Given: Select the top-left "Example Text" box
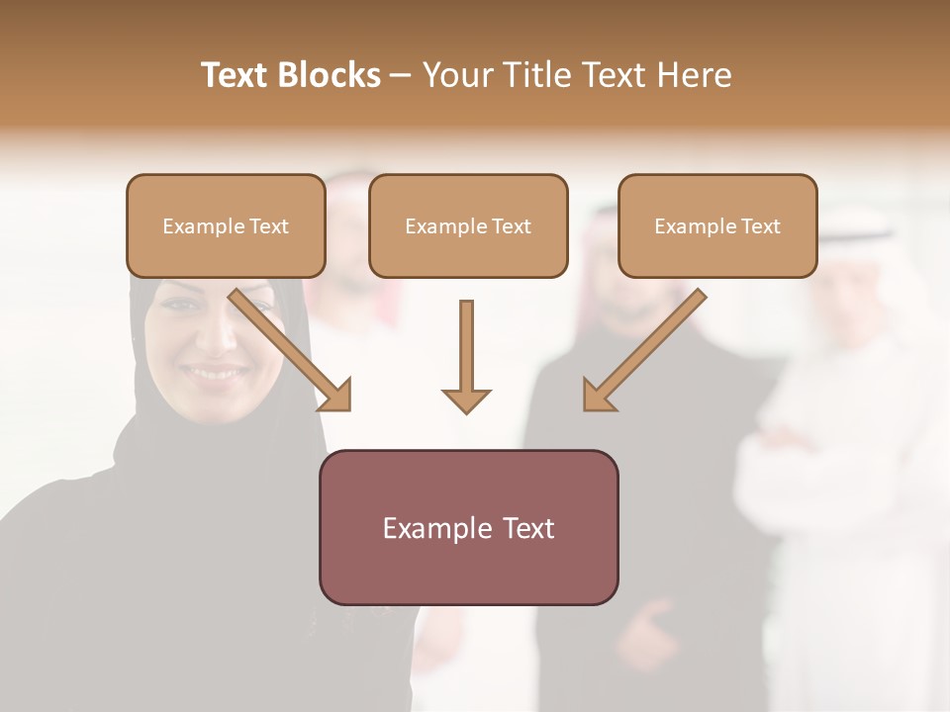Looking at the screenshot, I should [226, 225].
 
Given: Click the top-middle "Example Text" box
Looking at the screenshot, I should [468, 225].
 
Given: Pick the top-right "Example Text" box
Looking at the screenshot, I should [717, 225].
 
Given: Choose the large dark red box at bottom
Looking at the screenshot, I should [468, 527].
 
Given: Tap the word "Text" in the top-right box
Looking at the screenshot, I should [760, 226].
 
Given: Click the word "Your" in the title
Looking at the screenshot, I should [456, 75].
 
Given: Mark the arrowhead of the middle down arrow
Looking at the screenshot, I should [466, 400].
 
